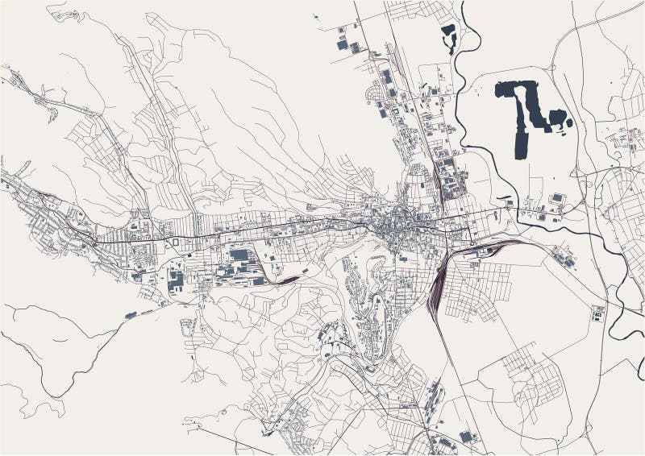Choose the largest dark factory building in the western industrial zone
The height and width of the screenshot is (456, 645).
tap(239, 255)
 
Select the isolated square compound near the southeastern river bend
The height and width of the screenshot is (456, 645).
tap(597, 313)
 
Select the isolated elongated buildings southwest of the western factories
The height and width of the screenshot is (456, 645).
tap(131, 314)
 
